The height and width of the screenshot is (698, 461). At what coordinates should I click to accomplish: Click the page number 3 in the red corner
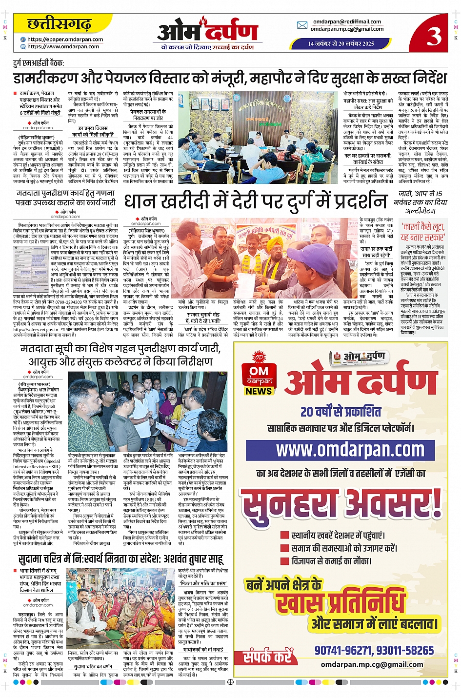pyautogui.click(x=434, y=36)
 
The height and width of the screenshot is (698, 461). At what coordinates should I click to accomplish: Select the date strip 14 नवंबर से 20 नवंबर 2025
pyautogui.click(x=341, y=44)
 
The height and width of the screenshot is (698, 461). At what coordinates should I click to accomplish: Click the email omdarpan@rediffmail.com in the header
pyautogui.click(x=347, y=21)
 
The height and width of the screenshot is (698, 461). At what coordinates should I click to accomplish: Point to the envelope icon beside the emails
pyautogui.click(x=302, y=25)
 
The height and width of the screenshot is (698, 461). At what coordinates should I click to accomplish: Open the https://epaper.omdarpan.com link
pyautogui.click(x=65, y=40)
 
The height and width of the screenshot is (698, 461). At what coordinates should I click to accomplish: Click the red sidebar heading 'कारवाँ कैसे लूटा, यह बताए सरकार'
pyautogui.click(x=422, y=232)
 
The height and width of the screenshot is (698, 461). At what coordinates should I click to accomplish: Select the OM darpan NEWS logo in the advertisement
pyautogui.click(x=259, y=375)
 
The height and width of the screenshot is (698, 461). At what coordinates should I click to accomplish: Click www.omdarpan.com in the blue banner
pyautogui.click(x=350, y=449)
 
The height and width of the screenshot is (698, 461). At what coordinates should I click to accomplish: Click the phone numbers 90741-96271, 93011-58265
pyautogui.click(x=374, y=650)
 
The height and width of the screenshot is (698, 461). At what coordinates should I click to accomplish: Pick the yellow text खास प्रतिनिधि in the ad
pyautogui.click(x=341, y=603)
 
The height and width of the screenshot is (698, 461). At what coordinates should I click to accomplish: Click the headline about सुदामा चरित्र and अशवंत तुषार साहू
pyautogui.click(x=120, y=559)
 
